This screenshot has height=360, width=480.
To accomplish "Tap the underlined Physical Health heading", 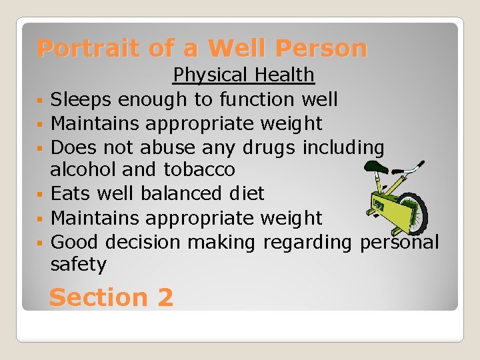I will [243, 75].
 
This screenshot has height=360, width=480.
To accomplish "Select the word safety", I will [78, 265].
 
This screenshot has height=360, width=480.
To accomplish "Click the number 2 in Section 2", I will [165, 297].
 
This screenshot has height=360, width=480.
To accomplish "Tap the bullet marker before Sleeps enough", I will [41, 101].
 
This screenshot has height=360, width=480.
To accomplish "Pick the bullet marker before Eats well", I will [41, 195].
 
